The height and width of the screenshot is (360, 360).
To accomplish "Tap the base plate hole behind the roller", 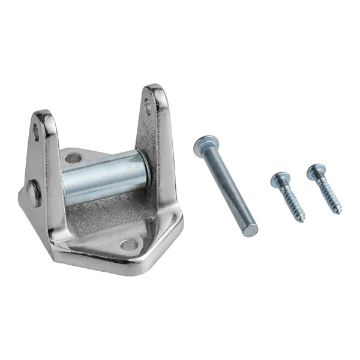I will tap(73, 159).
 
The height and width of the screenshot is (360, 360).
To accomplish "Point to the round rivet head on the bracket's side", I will tap(34, 193).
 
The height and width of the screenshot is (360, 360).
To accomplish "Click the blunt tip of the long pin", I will tap(251, 230).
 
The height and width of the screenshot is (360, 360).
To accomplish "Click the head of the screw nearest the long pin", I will tap(278, 178).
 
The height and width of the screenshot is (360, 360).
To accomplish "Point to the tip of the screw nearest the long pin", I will tap(302, 220).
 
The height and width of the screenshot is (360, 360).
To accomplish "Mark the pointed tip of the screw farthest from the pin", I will tap(340, 212).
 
